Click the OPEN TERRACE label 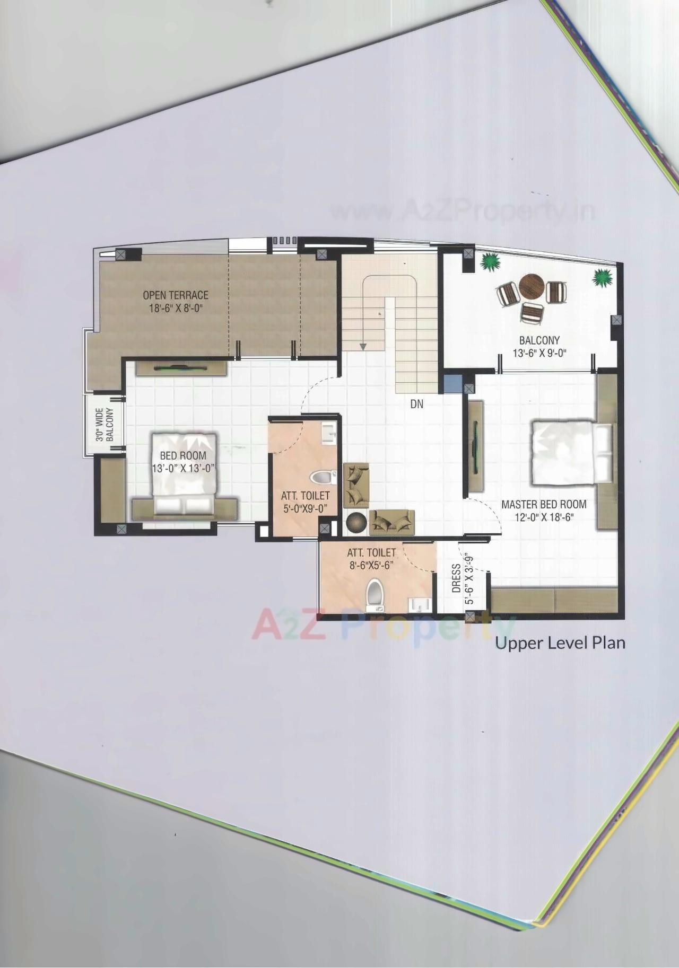(176, 295)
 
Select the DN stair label (417, 404)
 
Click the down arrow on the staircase (363, 346)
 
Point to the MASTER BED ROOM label (544, 504)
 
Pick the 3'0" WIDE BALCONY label (105, 424)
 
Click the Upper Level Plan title (560, 643)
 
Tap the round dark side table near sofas (355, 522)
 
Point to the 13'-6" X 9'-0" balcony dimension (539, 354)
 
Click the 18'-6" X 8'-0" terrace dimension (176, 308)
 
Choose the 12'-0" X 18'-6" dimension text (544, 517)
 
